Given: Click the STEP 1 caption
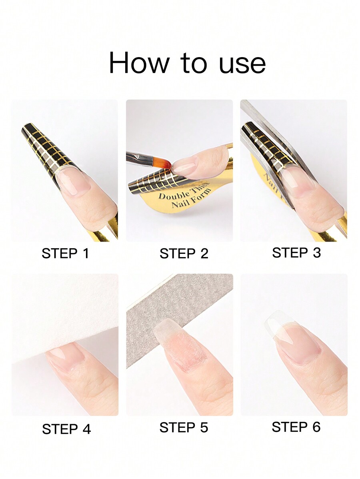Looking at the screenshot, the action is [65, 253].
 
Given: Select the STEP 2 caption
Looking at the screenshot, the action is [184, 253].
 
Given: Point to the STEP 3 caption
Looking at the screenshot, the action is [296, 253].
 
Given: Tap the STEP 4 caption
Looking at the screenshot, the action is [66, 429].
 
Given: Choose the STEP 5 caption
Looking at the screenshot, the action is [184, 427].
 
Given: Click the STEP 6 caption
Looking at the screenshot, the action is [296, 427].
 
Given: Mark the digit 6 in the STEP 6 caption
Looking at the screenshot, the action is [316, 427].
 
